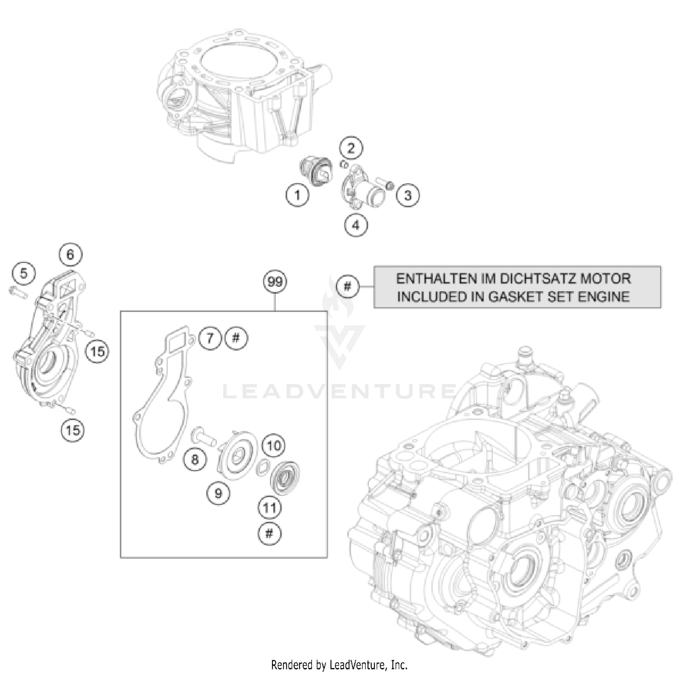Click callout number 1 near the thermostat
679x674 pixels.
tap(297, 196)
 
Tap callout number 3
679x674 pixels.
tap(408, 196)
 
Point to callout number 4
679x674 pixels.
tap(356, 225)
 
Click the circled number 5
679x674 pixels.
tap(24, 273)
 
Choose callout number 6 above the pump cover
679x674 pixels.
tap(70, 254)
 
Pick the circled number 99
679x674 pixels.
tap(275, 282)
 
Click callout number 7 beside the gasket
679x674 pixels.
tap(210, 338)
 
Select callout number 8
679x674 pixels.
tap(195, 459)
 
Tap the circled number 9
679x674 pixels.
tap(219, 493)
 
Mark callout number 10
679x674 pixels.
tap(274, 446)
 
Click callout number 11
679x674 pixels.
tap(270, 507)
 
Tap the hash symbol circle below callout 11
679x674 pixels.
tap(269, 534)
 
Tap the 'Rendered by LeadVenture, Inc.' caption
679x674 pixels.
tap(339, 664)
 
